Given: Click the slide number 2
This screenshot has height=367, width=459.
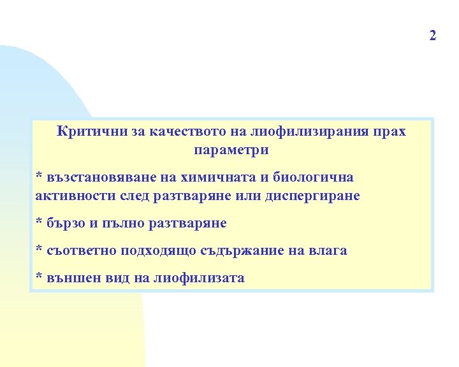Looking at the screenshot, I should pyautogui.click(x=433, y=35).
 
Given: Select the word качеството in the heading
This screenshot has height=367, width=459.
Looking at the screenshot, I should pyautogui.click(x=184, y=133).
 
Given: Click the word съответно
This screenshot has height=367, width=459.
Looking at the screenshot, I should pyautogui.click(x=78, y=250).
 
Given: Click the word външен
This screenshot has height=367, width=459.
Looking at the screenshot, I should pyautogui.click(x=70, y=277).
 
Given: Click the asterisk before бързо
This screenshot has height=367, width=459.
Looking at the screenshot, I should pyautogui.click(x=39, y=222).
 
